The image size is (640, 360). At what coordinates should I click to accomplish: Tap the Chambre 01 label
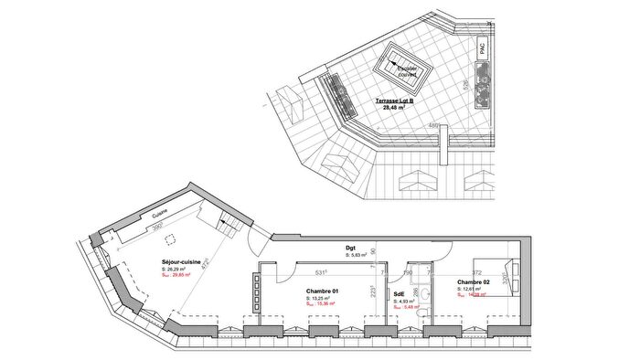click(x=323, y=290)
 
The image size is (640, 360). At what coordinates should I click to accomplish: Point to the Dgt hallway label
click(x=350, y=247)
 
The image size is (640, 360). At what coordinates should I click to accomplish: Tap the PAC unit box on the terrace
click(x=483, y=50)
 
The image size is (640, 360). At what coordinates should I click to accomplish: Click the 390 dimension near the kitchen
click(x=156, y=227)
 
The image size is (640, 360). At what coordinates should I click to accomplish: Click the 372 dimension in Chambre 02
click(x=475, y=271)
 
